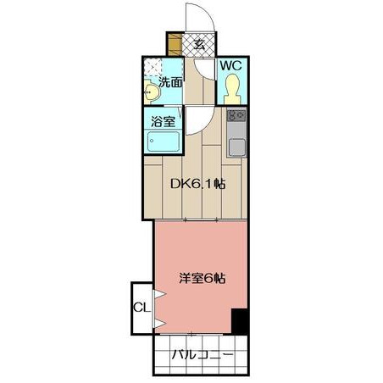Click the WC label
230,66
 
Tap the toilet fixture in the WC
232,89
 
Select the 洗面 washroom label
170,82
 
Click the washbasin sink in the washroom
151,92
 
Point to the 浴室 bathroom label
163,121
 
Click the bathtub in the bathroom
164,142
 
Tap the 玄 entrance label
200,44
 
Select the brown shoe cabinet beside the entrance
175,44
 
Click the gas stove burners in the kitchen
236,115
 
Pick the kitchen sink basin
236,147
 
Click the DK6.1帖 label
197,184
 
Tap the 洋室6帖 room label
203,279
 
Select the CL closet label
142,308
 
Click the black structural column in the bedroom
240,322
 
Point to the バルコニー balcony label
203,354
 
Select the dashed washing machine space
153,67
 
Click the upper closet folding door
159,294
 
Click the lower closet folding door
159,324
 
